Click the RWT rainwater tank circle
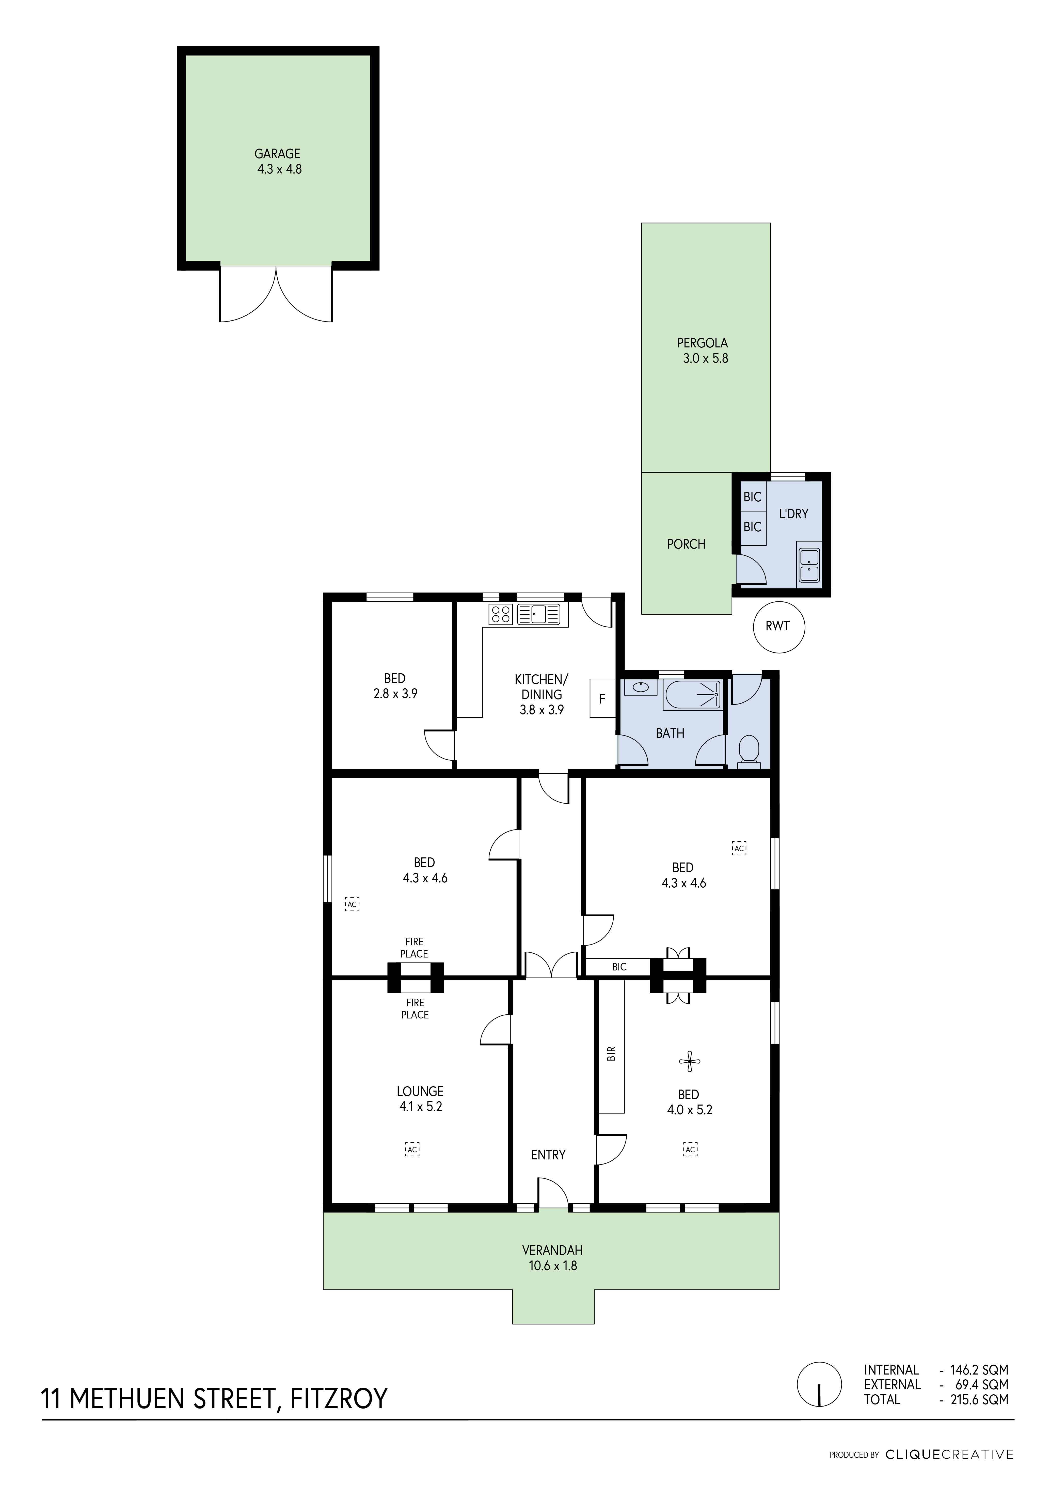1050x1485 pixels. pyautogui.click(x=779, y=626)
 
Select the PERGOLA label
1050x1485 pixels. pyautogui.click(x=702, y=343)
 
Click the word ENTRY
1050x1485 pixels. pyautogui.click(x=548, y=1155)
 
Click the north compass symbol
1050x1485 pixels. pyautogui.click(x=820, y=1384)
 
